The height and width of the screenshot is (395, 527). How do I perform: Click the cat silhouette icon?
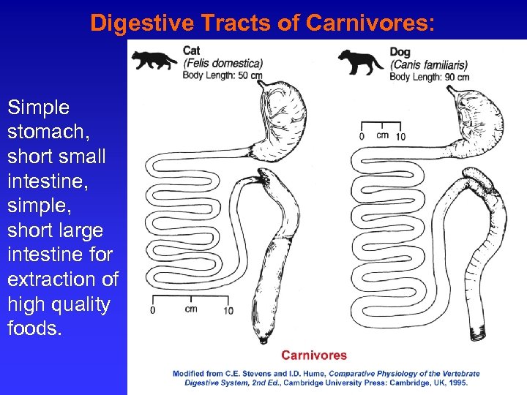click(154, 59)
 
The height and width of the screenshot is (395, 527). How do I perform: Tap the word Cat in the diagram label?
click(191, 50)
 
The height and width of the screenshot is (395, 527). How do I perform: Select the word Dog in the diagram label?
click(400, 52)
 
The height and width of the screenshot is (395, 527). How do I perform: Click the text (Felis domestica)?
click(223, 63)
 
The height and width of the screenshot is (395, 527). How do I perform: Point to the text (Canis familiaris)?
click(429, 64)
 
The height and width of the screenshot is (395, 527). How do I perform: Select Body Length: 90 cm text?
click(429, 76)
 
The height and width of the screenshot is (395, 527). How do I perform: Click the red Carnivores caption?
click(314, 355)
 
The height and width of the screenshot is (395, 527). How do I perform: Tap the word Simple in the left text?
click(38, 108)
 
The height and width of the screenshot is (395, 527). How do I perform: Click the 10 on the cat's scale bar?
click(228, 309)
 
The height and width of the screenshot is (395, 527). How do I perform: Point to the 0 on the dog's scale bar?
click(362, 136)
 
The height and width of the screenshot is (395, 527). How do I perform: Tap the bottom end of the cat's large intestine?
click(263, 338)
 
